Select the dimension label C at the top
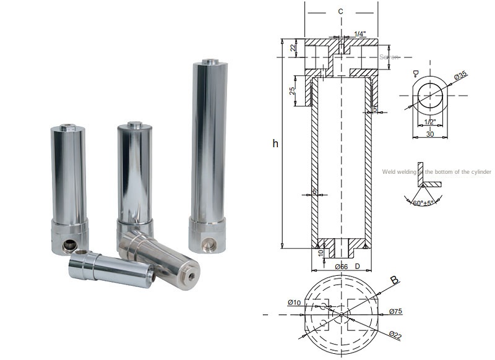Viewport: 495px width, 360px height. tap(341, 11)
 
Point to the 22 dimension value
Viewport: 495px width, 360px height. tap(293, 49)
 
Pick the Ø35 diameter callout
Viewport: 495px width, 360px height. tap(460, 75)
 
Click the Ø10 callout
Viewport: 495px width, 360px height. tap(295, 302)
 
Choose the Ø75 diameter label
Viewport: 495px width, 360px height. tap(397, 311)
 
